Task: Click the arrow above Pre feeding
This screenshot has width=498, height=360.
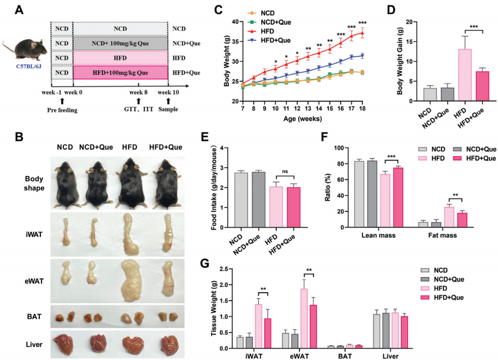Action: click(62, 101)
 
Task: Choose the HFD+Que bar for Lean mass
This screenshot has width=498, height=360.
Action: click(397, 197)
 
